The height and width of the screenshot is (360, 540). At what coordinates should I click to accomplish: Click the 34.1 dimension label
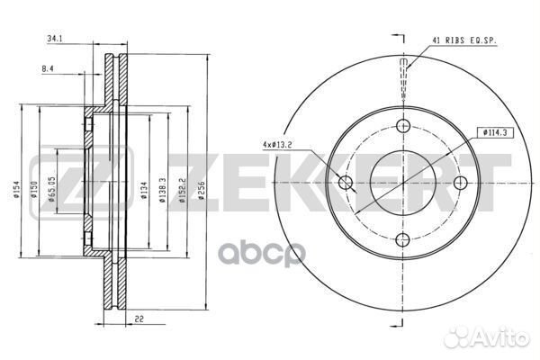tap(54, 39)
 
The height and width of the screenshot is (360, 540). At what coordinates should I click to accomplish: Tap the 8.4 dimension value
tap(48, 69)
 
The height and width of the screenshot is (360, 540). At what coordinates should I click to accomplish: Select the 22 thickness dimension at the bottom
tap(139, 319)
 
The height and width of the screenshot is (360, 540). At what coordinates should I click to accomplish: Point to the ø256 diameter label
tap(202, 191)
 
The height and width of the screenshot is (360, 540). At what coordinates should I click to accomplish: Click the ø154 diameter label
tap(16, 190)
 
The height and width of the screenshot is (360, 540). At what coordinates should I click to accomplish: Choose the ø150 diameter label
tap(34, 190)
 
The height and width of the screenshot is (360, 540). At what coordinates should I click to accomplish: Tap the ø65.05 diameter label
tap(51, 190)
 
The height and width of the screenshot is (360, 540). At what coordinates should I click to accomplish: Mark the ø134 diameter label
tap(144, 191)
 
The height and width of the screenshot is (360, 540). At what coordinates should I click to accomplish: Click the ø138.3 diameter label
tap(163, 190)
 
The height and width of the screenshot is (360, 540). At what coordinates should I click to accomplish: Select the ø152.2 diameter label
tap(183, 190)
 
